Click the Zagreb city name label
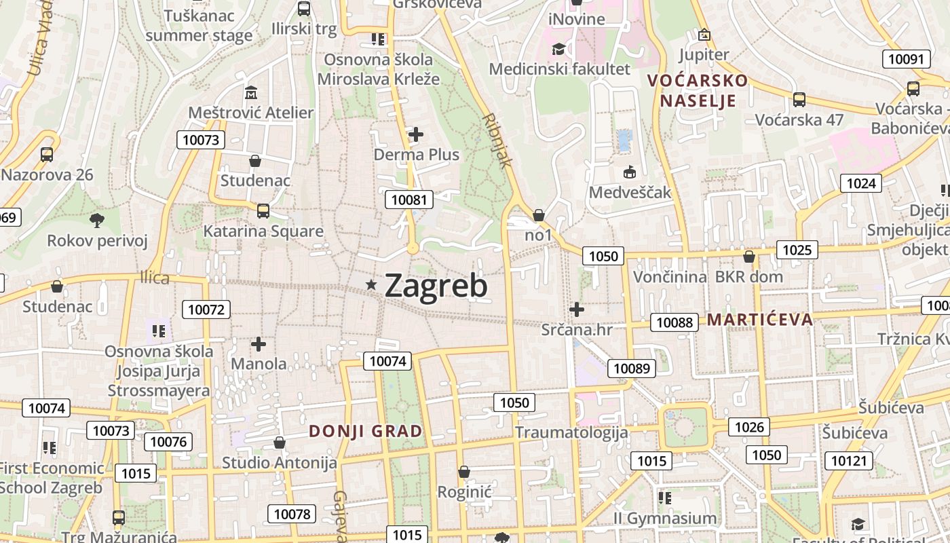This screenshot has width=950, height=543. click(x=436, y=286)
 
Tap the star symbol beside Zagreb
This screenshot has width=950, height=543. click(x=371, y=285)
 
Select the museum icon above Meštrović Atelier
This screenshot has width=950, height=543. click(x=251, y=92)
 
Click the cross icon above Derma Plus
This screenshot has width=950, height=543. click(x=416, y=134)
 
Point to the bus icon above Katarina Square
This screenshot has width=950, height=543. click(x=263, y=210)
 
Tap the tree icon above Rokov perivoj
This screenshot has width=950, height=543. click(x=97, y=219)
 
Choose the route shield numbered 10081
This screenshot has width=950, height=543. click(x=409, y=200)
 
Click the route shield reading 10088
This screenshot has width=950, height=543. click(x=674, y=322)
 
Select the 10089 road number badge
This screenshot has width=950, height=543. click(x=632, y=369)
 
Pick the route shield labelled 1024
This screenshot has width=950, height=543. click(x=861, y=183)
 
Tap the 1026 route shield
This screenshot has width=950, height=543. click(x=749, y=427)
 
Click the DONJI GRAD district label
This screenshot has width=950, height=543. click(x=366, y=431)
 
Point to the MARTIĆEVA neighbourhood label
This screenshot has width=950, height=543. click(x=760, y=320)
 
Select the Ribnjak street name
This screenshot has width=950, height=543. click(x=498, y=141)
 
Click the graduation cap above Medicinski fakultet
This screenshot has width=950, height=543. click(x=559, y=49)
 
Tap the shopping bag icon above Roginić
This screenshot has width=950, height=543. click(x=464, y=471)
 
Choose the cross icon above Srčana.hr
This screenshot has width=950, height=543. click(x=577, y=310)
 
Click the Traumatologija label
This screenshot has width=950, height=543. click(x=571, y=432)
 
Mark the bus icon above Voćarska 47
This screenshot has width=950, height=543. click(x=799, y=99)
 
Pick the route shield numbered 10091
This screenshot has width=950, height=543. click(x=906, y=59)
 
